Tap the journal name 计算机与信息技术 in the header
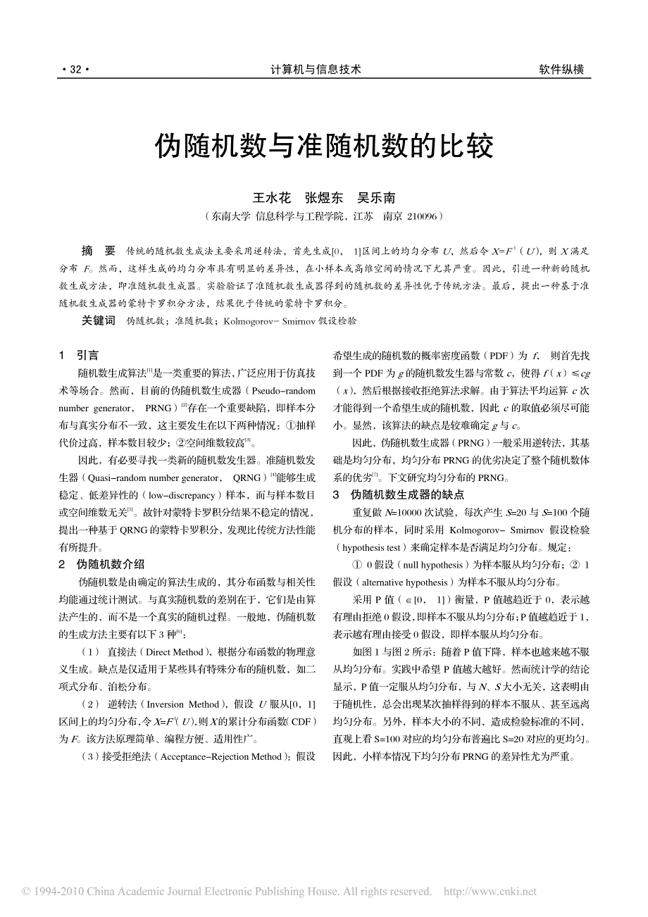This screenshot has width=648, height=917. [316, 70]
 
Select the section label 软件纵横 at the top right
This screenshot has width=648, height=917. [561, 70]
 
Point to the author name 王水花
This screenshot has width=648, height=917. [272, 199]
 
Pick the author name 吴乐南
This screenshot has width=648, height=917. [376, 199]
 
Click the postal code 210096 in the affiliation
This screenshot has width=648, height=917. [420, 217]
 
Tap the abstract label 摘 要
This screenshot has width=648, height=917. [98, 251]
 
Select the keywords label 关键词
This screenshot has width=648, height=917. [98, 320]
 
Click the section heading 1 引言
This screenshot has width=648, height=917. [79, 356]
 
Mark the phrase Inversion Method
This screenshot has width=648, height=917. [185, 704]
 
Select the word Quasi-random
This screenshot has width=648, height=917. [116, 478]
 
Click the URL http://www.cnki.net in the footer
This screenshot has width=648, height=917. [490, 892]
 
